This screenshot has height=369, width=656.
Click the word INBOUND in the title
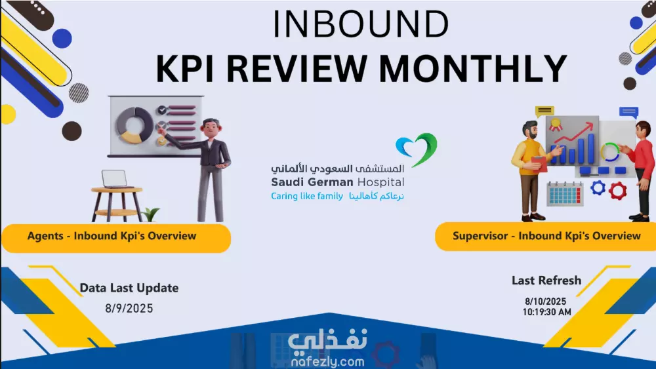point(361,25)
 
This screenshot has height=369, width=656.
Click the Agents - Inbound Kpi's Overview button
point(116,238)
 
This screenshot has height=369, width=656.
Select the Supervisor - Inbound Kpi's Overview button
point(546,237)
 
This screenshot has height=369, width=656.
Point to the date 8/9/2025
point(129,309)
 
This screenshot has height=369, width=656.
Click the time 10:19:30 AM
point(546,312)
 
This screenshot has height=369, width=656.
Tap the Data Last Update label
point(129,288)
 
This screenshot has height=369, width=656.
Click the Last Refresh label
point(546,281)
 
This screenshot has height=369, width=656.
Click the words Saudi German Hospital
point(337,182)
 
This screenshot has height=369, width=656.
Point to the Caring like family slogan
point(306,196)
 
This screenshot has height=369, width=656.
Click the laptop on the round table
point(114,179)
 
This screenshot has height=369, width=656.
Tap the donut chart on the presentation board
point(134,125)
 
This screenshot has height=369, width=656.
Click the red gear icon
point(617,191)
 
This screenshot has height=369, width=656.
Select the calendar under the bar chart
point(565,194)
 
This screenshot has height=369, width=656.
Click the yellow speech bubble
point(544,111)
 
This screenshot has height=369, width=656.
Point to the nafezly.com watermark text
point(327,362)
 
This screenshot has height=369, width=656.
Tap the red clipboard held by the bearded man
point(539,164)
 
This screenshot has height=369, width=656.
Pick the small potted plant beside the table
point(151,215)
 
